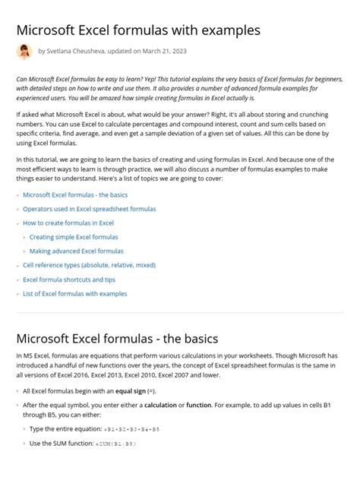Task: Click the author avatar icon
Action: coord(24,52)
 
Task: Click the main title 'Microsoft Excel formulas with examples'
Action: coord(138,30)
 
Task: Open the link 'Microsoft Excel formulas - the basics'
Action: coord(75,194)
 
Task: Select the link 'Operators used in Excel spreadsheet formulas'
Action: coord(89,209)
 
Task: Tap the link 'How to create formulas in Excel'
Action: coord(68,223)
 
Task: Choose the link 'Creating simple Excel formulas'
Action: coord(74,237)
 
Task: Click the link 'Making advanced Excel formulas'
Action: coord(76,251)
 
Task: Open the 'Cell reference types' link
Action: coord(89,265)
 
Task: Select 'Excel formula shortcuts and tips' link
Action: coord(74,279)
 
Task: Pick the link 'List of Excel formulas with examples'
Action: coord(75,294)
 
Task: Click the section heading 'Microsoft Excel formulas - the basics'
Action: coord(117,338)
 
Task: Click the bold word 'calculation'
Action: coord(160,406)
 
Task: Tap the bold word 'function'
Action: coord(199,406)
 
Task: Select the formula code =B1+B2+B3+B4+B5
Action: coord(129,430)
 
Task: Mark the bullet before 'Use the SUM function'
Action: coord(24,444)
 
